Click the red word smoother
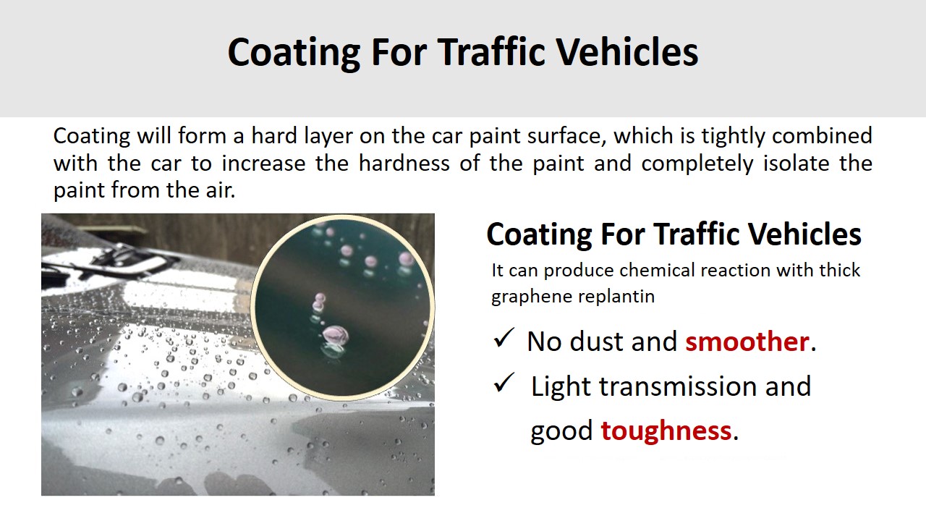click(747, 342)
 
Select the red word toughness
click(666, 431)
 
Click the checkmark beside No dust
click(504, 338)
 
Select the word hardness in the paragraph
click(404, 163)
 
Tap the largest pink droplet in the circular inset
click(335, 334)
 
